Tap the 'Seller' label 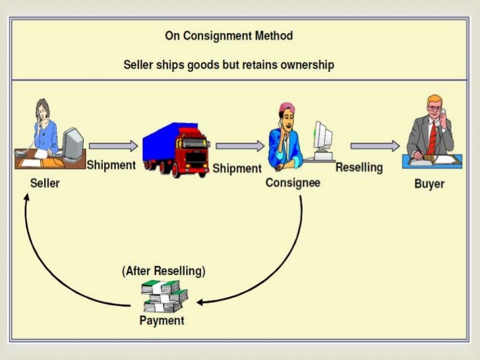(x=45, y=183)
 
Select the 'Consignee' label (x=293, y=182)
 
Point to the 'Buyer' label (x=429, y=184)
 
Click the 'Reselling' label (x=359, y=167)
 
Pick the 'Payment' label (x=162, y=320)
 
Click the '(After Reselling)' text (x=163, y=271)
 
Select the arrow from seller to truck (x=114, y=146)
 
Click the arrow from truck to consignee (x=240, y=146)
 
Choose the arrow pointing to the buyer (x=375, y=146)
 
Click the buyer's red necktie (x=432, y=138)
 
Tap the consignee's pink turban (x=287, y=108)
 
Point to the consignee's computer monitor (x=323, y=136)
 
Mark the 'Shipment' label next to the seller (x=111, y=165)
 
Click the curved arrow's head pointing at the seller (x=27, y=200)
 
